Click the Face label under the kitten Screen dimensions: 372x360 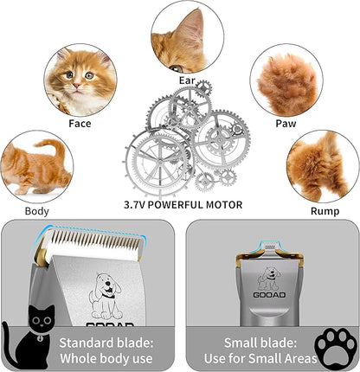click(x=80, y=123)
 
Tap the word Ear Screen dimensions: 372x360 click(x=187, y=80)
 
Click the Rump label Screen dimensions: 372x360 click(x=324, y=210)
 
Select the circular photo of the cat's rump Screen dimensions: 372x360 click(x=323, y=167)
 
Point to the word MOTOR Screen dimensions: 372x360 click(x=221, y=205)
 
